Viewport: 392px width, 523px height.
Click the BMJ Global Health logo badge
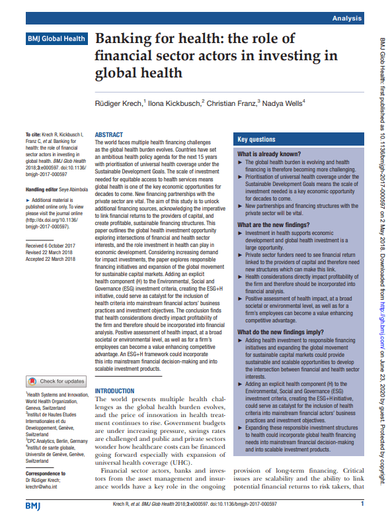pyautogui.click(x=56, y=39)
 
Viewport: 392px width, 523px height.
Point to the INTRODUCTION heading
pyautogui.click(x=115, y=391)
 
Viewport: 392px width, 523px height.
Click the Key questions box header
pyautogui.click(x=256, y=140)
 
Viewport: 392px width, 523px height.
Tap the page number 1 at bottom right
pyautogui.click(x=362, y=504)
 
